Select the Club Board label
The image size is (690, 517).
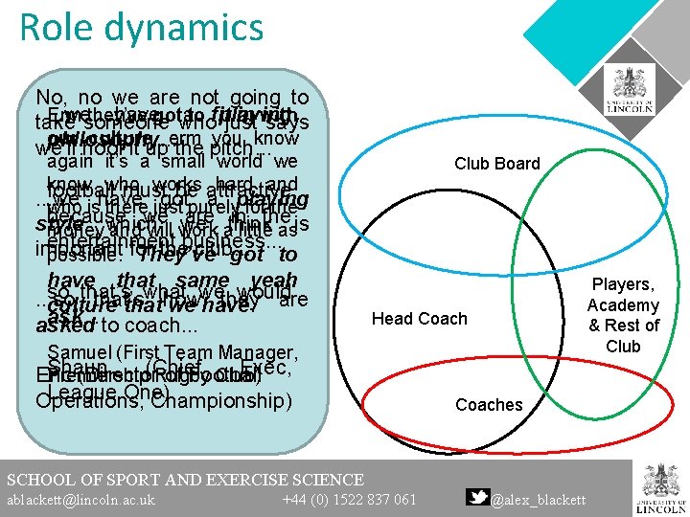pyautogui.click(x=497, y=164)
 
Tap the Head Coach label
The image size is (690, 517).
pyautogui.click(x=420, y=318)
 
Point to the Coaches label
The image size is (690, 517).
pyautogui.click(x=489, y=405)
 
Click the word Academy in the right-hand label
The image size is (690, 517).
pyautogui.click(x=623, y=305)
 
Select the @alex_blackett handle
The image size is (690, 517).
pyautogui.click(x=539, y=499)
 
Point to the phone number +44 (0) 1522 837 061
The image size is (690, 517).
pyautogui.click(x=349, y=499)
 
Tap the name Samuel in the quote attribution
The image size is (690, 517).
pyautogui.click(x=80, y=351)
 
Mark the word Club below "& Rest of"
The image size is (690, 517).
pyautogui.click(x=623, y=346)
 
